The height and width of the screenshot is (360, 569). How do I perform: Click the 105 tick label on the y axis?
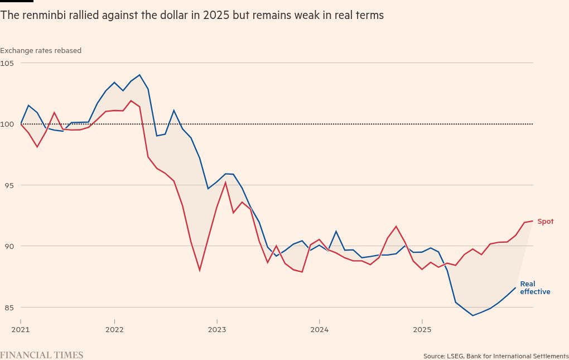tap(7, 63)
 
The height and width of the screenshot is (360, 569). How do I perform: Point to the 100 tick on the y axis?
tap(7, 124)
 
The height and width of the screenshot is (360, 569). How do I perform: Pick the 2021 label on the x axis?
tap(21, 329)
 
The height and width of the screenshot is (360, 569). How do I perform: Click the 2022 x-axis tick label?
tap(114, 329)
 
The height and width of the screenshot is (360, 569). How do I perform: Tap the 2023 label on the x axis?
tap(217, 329)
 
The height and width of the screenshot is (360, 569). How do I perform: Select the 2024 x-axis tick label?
tap(319, 329)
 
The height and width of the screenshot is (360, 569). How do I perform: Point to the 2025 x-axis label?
tap(422, 329)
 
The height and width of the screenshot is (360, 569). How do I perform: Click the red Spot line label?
tap(545, 222)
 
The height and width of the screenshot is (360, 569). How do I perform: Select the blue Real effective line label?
tap(534, 288)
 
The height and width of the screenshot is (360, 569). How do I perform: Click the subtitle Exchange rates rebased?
tap(41, 51)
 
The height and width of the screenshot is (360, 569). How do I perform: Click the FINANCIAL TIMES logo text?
tap(41, 355)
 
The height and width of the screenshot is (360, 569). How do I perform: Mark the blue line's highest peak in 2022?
tap(139, 75)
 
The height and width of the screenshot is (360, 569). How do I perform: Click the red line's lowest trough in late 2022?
tap(200, 271)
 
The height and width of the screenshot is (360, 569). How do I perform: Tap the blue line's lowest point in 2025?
tap(473, 315)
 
